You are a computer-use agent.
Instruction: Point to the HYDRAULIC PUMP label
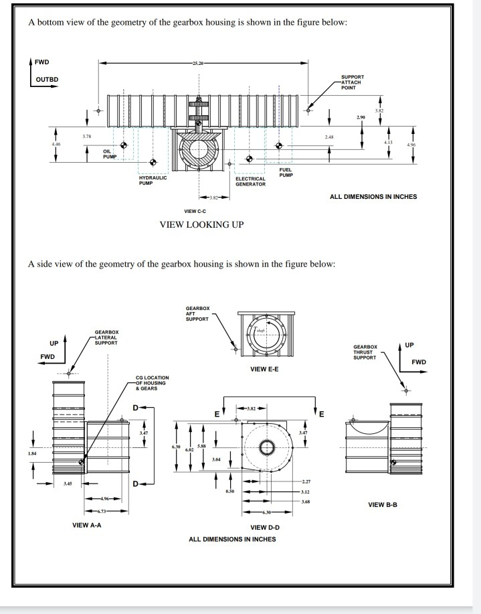click(x=153, y=180)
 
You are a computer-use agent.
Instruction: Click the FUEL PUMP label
click(x=286, y=172)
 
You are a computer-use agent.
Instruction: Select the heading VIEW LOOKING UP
click(x=201, y=224)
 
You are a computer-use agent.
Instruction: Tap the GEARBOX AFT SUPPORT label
click(x=197, y=313)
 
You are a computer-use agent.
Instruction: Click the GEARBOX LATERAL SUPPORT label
click(x=106, y=337)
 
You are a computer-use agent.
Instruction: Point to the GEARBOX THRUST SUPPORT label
click(x=365, y=352)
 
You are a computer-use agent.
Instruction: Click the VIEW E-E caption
click(x=260, y=369)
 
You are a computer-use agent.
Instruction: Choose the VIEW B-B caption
click(x=383, y=504)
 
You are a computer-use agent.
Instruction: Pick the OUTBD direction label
click(x=47, y=79)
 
